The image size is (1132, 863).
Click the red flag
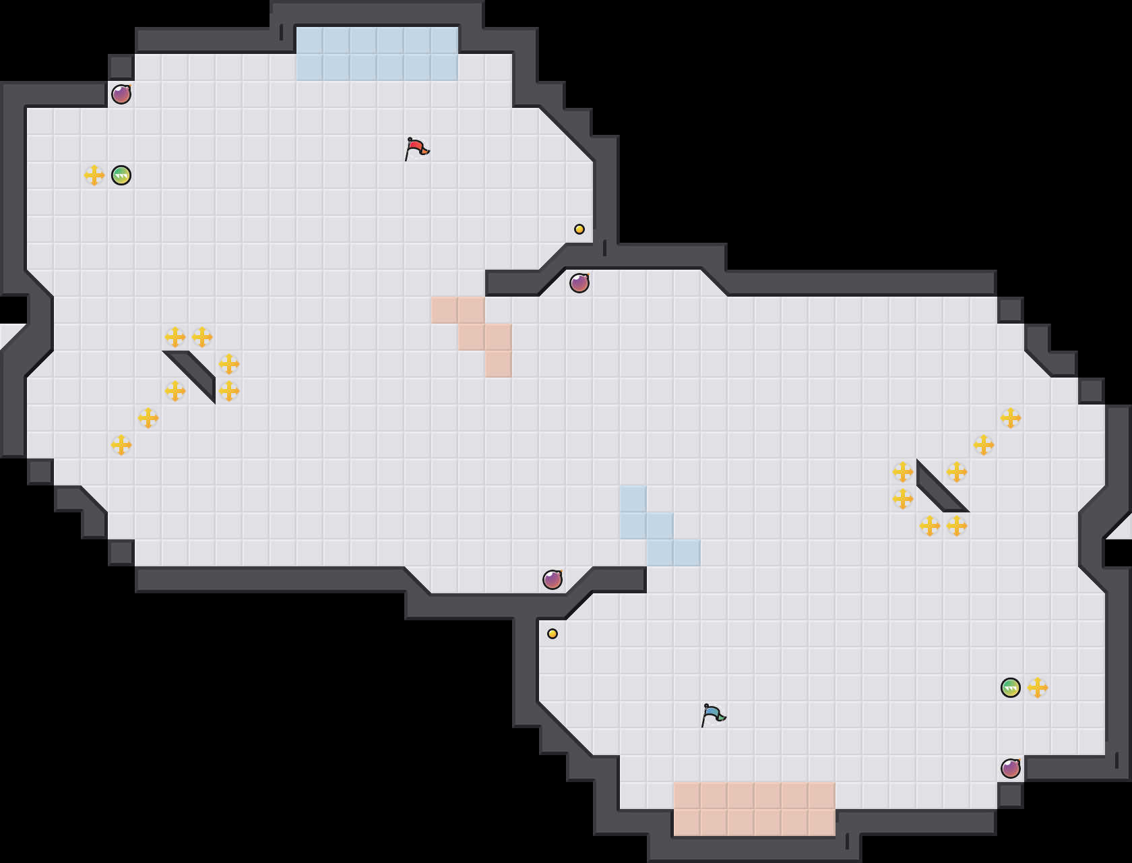pos(416,148)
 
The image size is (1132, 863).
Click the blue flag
pos(713,715)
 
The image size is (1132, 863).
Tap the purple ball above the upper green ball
pos(121,94)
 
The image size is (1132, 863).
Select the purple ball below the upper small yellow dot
pos(579,283)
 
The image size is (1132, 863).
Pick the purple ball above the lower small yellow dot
pos(553,580)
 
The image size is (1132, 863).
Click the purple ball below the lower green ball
pos(1011,769)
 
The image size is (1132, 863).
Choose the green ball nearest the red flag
pos(121,175)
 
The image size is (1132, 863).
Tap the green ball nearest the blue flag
pos(1011,688)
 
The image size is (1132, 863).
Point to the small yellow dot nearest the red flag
pos(579,229)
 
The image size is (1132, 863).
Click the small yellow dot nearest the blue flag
pos(553,634)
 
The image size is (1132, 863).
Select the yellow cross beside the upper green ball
pos(94,175)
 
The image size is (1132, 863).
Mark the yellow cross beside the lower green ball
pos(1038,688)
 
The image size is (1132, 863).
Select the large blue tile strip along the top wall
pos(377,54)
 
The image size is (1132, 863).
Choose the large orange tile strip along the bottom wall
pos(755,809)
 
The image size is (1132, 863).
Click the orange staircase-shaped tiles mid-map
pos(472,330)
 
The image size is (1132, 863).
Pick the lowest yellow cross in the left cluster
pos(121,445)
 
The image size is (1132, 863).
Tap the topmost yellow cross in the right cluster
pos(1011,418)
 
